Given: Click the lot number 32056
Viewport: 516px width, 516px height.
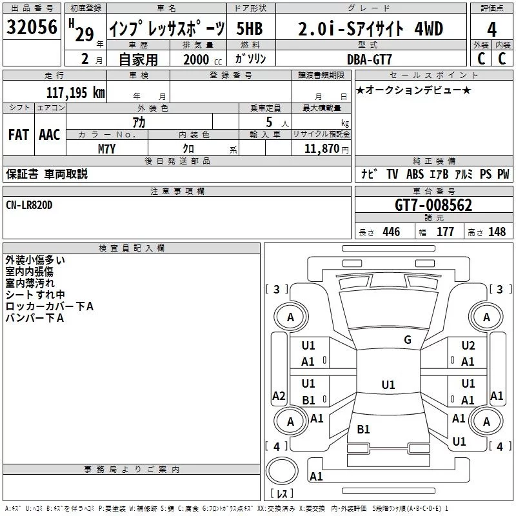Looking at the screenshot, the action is click(x=32, y=28).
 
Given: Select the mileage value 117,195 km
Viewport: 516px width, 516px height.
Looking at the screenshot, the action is click(x=75, y=92).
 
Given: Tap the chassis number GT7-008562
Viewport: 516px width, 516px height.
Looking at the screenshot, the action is click(x=433, y=205).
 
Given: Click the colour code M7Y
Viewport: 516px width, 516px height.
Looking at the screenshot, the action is click(x=107, y=148).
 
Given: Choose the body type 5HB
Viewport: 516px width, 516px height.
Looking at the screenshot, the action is click(x=250, y=28).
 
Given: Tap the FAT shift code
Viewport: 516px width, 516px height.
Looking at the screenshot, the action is click(x=19, y=134).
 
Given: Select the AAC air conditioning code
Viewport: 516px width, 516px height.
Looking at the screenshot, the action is click(x=50, y=134).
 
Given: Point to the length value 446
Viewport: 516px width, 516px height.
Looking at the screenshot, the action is click(x=391, y=232).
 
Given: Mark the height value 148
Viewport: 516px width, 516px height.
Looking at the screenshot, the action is click(x=497, y=232).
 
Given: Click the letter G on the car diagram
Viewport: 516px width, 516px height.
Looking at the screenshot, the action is click(x=407, y=340).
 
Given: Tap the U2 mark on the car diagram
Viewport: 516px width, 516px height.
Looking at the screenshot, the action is click(x=468, y=346).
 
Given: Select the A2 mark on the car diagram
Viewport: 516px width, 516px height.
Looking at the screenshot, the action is click(x=279, y=395).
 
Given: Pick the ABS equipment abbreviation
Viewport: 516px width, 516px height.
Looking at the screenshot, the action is click(x=415, y=174).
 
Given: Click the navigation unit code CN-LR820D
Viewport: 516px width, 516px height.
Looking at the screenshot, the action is click(x=29, y=204).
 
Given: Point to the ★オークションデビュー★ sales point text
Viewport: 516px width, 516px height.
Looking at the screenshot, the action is click(x=413, y=90).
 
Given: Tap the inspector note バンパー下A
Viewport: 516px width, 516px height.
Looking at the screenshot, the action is click(x=34, y=318).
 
